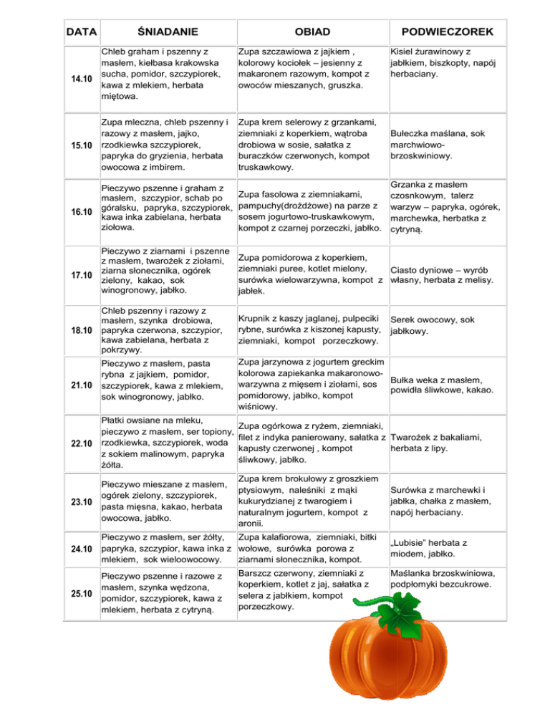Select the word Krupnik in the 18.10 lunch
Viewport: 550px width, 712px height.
pyautogui.click(x=257, y=316)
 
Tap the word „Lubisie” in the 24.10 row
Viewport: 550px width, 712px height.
pyautogui.click(x=412, y=543)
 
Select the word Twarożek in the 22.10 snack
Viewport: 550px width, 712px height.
pyautogui.click(x=416, y=437)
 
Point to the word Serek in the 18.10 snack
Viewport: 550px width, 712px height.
pyautogui.click(x=403, y=319)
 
